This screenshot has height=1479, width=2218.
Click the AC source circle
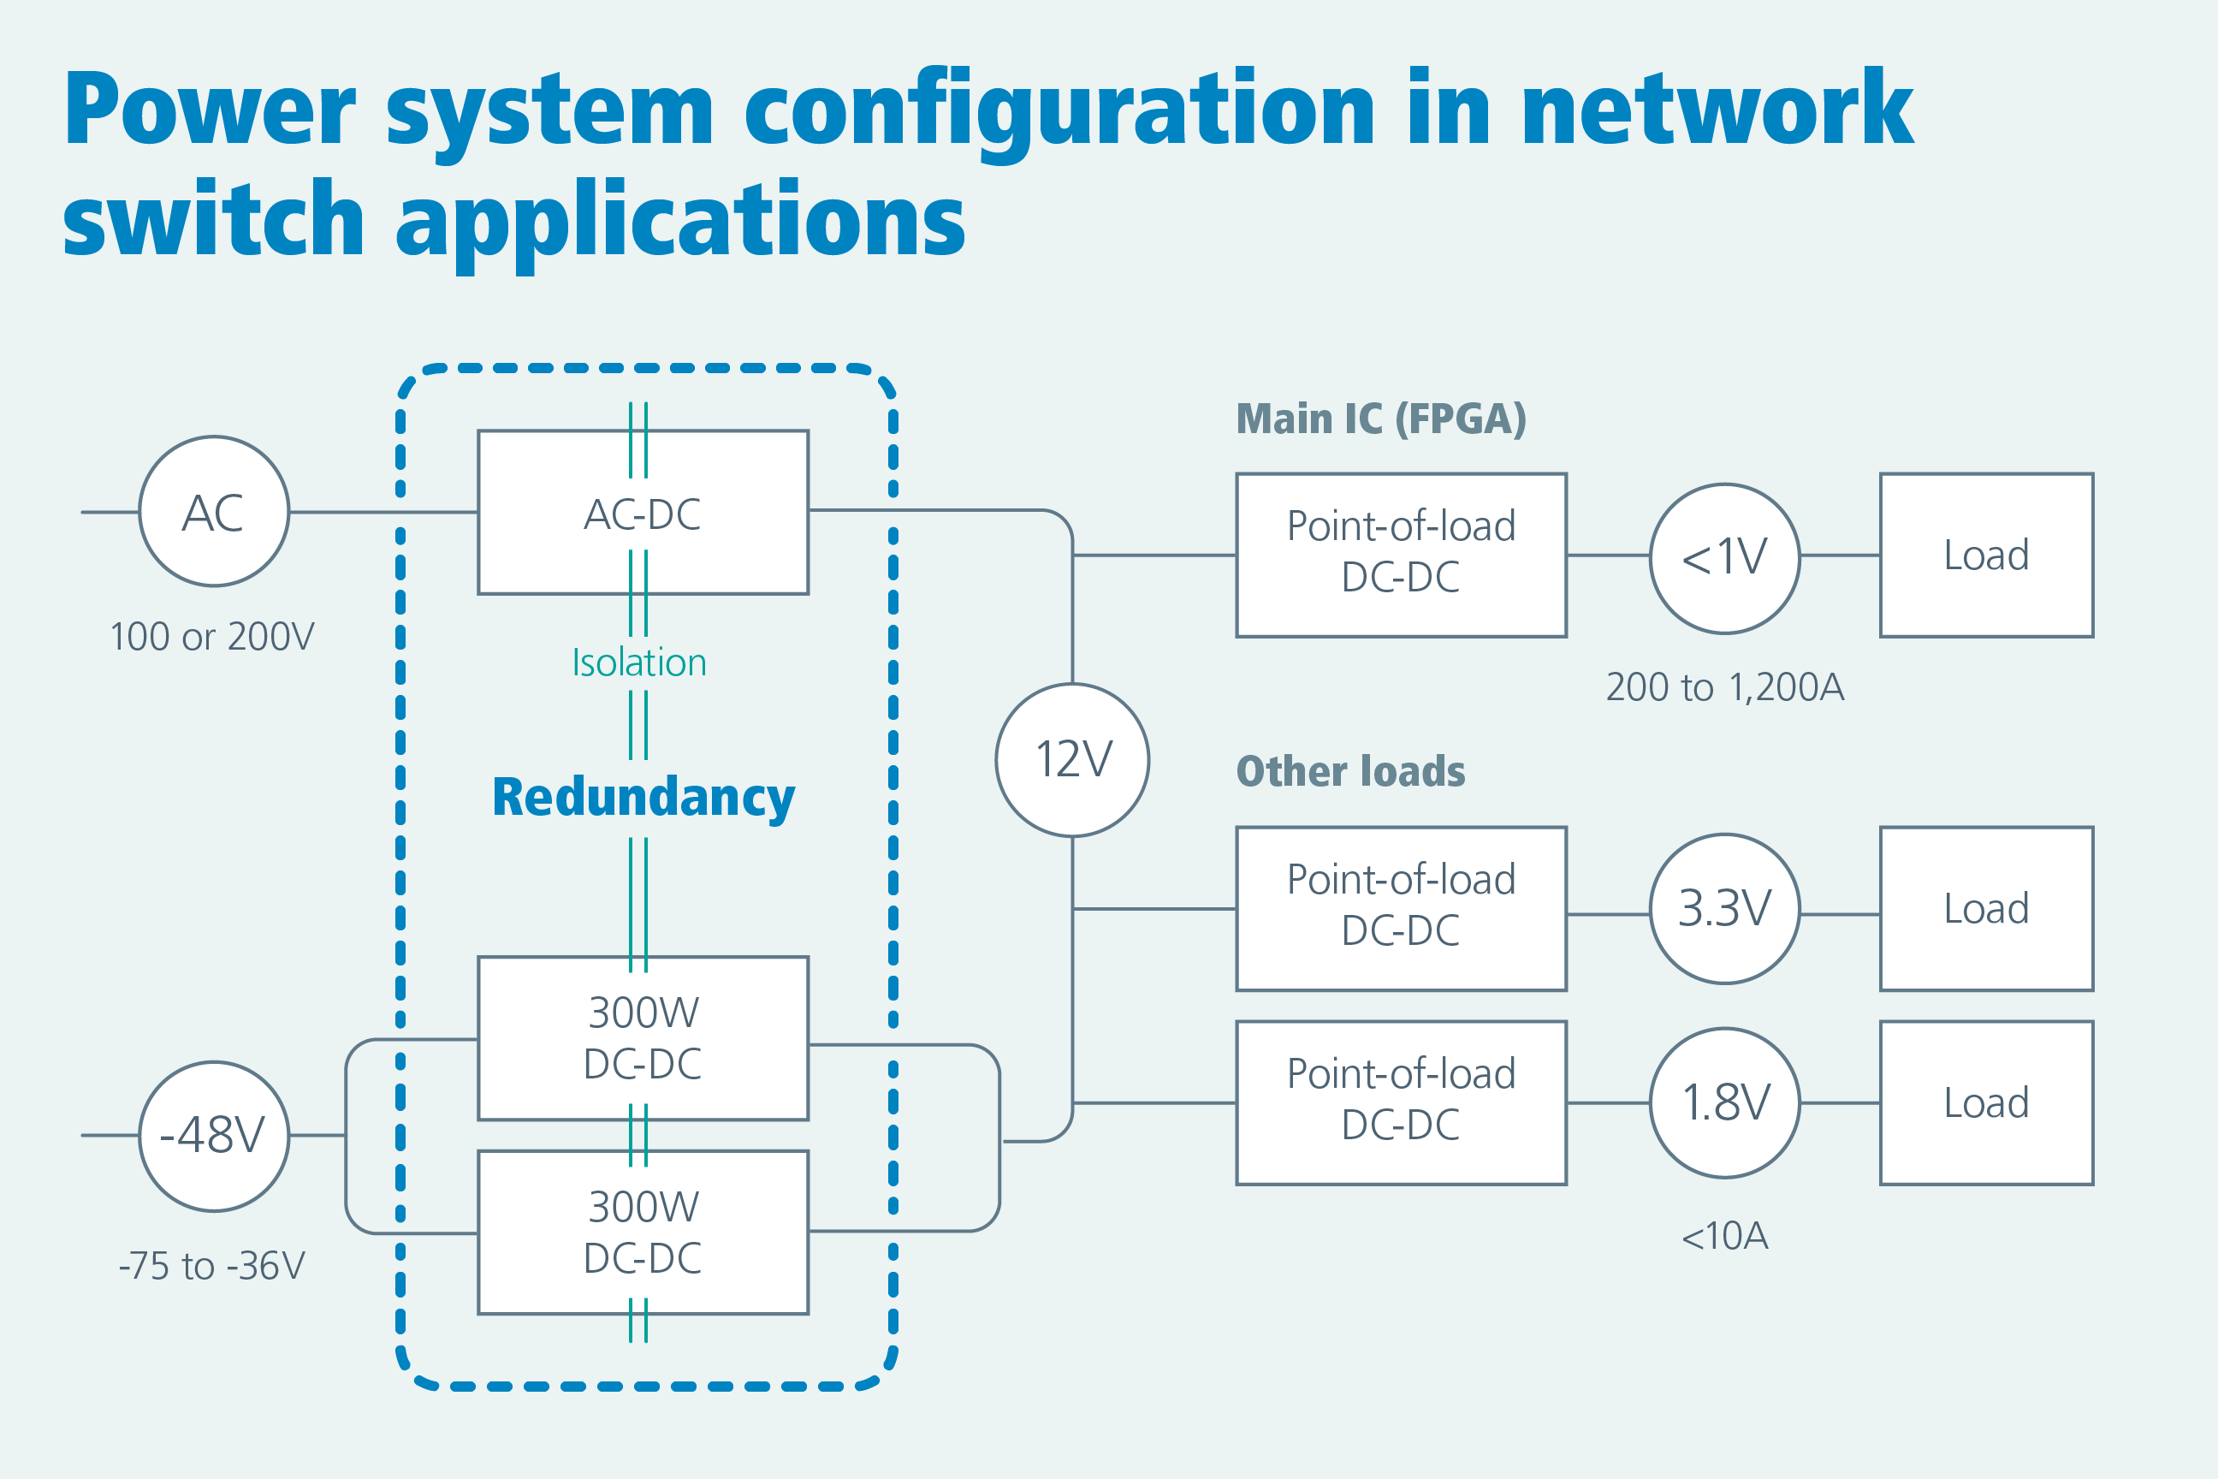coord(214,511)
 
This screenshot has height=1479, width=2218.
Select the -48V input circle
coord(214,1136)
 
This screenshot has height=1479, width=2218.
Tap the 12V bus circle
coord(1072,759)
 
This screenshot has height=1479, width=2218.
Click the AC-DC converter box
coord(643,512)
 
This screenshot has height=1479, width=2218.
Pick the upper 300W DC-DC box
coord(643,1037)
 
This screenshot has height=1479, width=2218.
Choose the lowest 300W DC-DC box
coord(643,1232)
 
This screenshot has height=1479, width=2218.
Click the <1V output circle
coord(1725,557)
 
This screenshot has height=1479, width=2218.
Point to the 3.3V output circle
coord(1725,908)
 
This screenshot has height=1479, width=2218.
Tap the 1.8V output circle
coord(1725,1102)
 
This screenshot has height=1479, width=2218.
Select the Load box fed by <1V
coord(1986,555)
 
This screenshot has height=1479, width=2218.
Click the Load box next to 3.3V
coord(1986,908)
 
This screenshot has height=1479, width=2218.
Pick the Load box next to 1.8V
coord(1986,1102)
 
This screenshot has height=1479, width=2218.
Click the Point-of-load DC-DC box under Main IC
coord(1402,555)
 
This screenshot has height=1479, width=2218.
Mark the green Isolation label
coord(639,663)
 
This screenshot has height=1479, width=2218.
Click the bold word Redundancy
coord(643,798)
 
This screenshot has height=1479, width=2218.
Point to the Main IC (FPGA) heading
coord(1380,419)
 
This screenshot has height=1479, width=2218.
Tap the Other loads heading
coord(1350,771)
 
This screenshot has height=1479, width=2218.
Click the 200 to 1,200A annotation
coord(1725,687)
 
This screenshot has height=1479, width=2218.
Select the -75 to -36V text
coord(212,1266)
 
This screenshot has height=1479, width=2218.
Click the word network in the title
coord(1717,110)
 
